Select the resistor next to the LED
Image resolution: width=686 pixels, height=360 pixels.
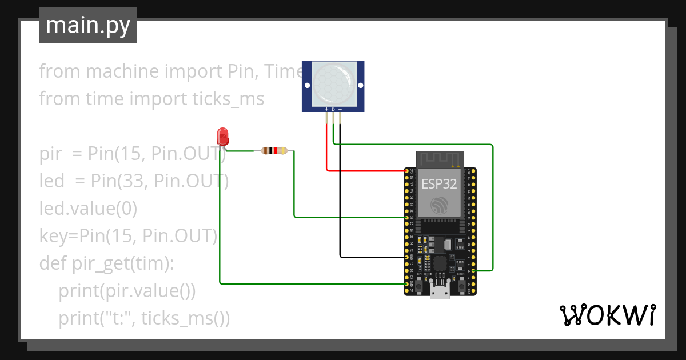point(274,151)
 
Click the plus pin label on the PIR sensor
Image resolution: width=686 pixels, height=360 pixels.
point(326,109)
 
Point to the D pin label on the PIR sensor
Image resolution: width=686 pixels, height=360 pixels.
point(333,109)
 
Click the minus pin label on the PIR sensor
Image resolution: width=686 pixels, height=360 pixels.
point(340,109)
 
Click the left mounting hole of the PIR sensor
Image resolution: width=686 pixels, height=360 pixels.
point(307,86)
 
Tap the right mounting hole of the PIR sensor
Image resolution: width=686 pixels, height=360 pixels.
point(360,86)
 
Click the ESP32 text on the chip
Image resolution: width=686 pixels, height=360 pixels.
point(438,183)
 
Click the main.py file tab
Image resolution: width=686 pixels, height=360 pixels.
point(88,25)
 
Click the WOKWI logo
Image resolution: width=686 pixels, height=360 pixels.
point(607,315)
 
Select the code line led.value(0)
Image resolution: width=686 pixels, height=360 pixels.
point(88,209)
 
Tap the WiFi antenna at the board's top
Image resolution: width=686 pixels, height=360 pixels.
point(438,158)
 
